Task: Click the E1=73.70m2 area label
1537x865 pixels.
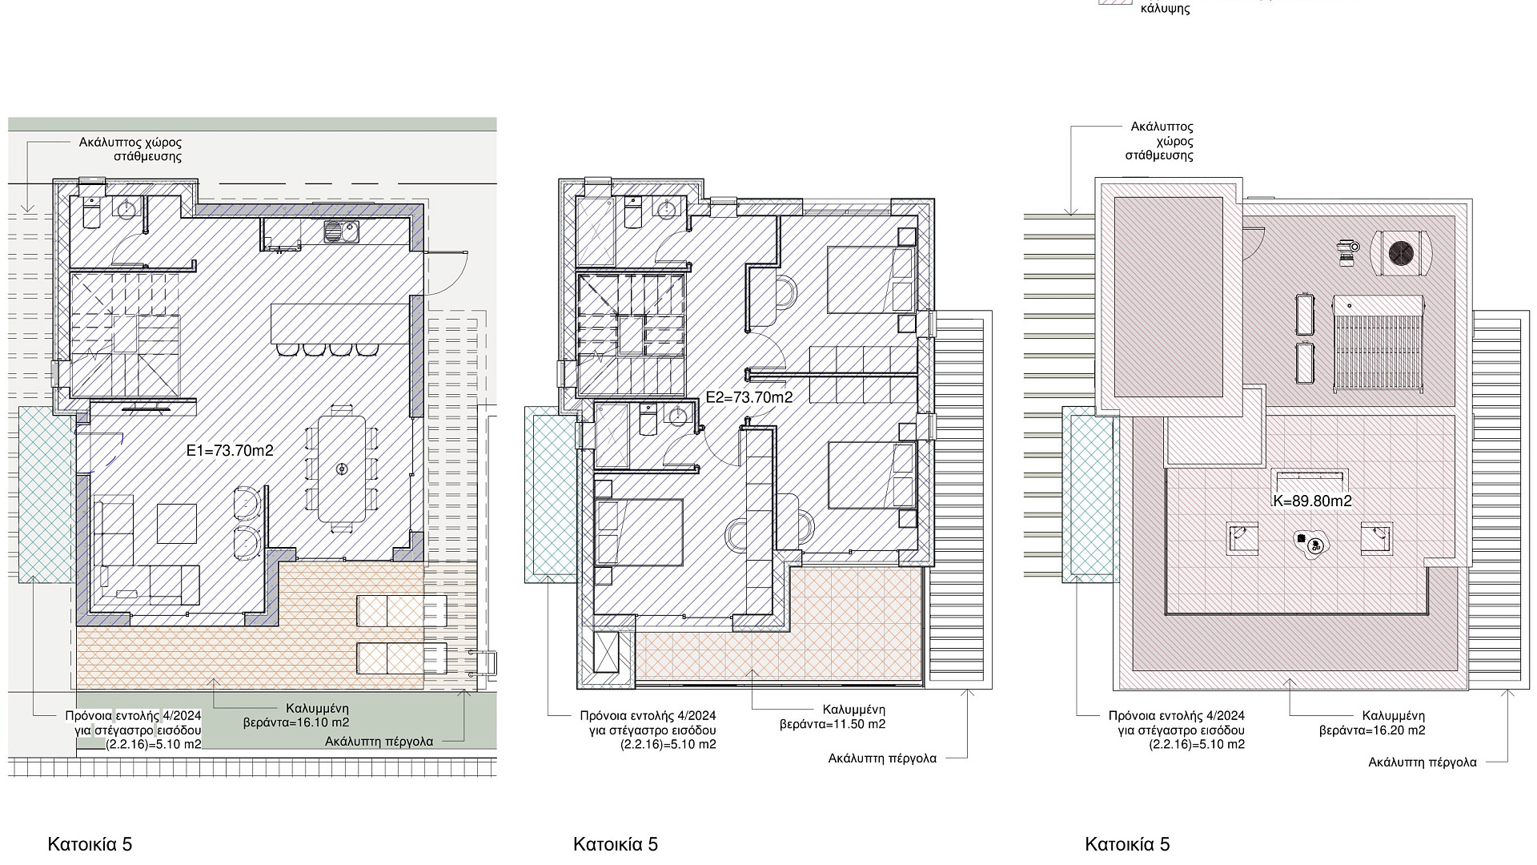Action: [x=230, y=451]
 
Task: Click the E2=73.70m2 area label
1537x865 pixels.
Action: [x=749, y=397]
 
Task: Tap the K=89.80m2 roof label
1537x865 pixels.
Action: [x=1312, y=501]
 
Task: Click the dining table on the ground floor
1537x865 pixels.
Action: [x=342, y=469]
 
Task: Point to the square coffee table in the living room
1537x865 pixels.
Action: [x=177, y=523]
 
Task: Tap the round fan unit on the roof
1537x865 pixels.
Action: [x=1401, y=254]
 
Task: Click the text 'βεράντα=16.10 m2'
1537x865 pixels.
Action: [x=296, y=722]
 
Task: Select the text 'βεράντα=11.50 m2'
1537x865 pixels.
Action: [x=833, y=724]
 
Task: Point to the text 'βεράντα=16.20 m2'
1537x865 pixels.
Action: [x=1372, y=730]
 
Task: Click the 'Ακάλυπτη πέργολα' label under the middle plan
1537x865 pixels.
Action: [x=882, y=758]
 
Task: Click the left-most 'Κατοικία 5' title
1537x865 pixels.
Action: [x=90, y=844]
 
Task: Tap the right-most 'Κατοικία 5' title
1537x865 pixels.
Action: [x=1127, y=844]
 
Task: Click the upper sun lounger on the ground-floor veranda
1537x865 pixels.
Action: [x=401, y=611]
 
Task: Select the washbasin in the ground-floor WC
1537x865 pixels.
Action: [x=126, y=209]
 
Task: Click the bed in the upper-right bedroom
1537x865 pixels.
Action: [x=870, y=280]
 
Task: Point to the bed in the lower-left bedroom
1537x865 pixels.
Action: [x=639, y=532]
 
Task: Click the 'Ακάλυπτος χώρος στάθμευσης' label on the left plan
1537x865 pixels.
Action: [x=130, y=150]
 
